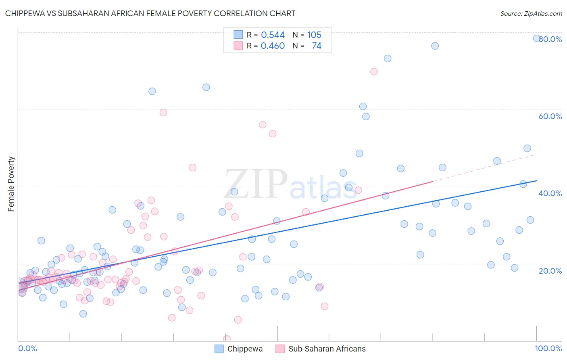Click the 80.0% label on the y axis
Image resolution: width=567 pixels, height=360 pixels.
550,39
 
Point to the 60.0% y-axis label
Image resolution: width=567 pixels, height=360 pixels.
550,116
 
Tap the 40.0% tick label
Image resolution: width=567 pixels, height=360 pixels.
550,193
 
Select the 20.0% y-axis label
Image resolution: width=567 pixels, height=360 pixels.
550,271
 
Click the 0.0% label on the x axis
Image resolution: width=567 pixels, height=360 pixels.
27,348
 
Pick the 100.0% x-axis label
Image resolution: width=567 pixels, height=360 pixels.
548,348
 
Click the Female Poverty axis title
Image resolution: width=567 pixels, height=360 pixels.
11,184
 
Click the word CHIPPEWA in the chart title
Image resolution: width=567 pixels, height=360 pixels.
28,13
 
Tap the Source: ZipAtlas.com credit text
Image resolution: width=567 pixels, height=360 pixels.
531,13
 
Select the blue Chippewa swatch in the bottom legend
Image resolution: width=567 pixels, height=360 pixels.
219,349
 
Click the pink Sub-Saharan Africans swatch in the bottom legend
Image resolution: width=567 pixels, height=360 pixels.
280,349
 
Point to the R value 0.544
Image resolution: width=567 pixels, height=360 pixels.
273,35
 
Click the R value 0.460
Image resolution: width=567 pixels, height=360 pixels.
273,46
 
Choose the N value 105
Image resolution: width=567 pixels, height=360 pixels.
314,35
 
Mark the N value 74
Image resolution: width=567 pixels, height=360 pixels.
317,46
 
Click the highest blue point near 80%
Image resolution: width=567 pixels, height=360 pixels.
537,38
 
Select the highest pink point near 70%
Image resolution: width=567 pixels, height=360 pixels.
374,71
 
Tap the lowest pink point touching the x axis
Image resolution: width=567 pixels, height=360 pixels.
227,339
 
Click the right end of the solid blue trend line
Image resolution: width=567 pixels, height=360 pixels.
536,181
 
